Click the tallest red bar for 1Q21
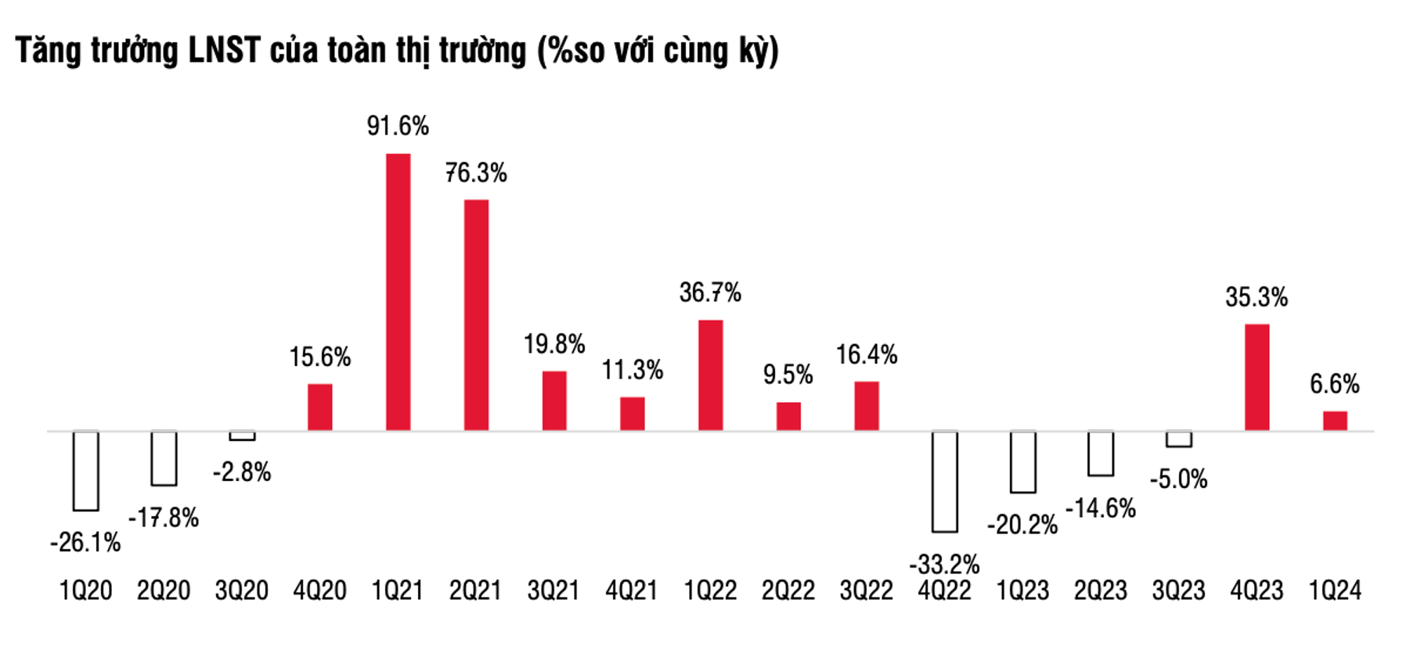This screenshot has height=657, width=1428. [x=398, y=292]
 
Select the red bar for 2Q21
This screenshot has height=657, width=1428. [x=476, y=314]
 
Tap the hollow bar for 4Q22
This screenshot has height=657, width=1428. [x=945, y=481]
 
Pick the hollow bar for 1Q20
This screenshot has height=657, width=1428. [x=85, y=471]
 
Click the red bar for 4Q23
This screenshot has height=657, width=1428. [x=1257, y=377]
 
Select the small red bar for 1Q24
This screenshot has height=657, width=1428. [x=1335, y=421]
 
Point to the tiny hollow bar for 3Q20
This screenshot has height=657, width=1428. [x=242, y=436]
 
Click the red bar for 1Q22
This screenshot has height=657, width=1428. [x=710, y=375]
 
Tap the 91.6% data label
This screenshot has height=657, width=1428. [x=398, y=126]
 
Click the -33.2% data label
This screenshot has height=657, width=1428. [x=944, y=563]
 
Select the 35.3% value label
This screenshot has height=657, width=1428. [x=1256, y=297]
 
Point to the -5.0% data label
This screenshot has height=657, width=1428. [x=1178, y=479]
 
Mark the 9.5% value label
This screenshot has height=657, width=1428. [x=788, y=375]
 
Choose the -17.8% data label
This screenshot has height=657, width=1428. [x=164, y=518]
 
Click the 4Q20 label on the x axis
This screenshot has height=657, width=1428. [x=319, y=591]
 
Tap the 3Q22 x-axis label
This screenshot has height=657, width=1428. [x=866, y=591]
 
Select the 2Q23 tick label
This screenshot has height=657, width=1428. [x=1100, y=591]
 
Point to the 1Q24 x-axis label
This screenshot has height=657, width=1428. [x=1335, y=591]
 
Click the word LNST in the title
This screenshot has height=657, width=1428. [x=224, y=51]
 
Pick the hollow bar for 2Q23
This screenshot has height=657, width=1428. [x=1101, y=454]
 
